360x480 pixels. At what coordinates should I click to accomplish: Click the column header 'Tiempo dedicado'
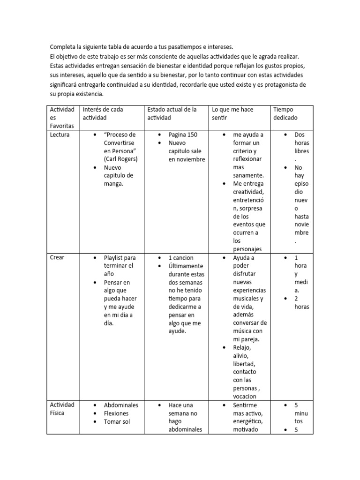click(285, 113)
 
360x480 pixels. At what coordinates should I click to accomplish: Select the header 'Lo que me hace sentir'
click(232, 113)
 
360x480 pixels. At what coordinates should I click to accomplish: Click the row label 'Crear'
click(57, 258)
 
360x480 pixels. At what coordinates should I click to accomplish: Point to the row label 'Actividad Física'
click(62, 409)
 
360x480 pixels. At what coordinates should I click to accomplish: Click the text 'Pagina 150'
click(183, 135)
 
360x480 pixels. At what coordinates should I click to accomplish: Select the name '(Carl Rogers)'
click(121, 159)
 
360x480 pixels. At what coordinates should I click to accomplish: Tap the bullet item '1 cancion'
click(181, 258)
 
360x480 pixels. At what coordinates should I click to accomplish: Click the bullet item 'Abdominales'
click(121, 405)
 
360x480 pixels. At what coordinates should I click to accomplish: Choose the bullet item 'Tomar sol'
click(117, 421)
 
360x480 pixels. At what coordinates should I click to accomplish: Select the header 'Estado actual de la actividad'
click(172, 113)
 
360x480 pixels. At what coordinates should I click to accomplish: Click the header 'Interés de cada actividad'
click(103, 113)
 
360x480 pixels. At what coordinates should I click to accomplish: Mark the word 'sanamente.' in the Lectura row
click(248, 175)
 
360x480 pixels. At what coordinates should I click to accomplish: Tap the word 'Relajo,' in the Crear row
click(243, 347)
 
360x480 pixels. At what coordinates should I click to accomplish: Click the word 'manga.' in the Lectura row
click(113, 184)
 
